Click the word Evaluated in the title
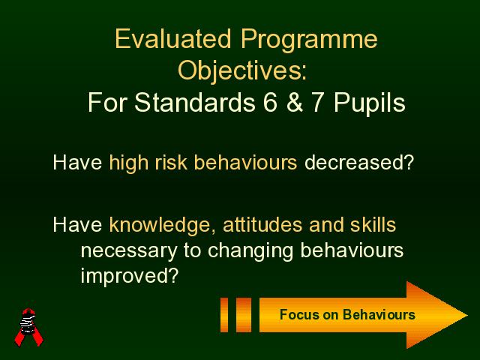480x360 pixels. [173, 39]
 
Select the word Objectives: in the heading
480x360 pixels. [242, 72]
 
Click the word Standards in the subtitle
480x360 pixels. [195, 102]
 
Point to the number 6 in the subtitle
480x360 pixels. [270, 102]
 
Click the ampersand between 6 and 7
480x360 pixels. [295, 102]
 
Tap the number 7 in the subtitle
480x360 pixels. [316, 102]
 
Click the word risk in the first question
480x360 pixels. [171, 162]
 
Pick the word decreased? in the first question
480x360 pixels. [359, 162]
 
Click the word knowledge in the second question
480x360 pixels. [160, 226]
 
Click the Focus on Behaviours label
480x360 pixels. [347, 315]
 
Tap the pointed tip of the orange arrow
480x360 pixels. [467, 315]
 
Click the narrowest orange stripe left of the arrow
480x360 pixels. [224, 315]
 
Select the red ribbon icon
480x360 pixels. [28, 327]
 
